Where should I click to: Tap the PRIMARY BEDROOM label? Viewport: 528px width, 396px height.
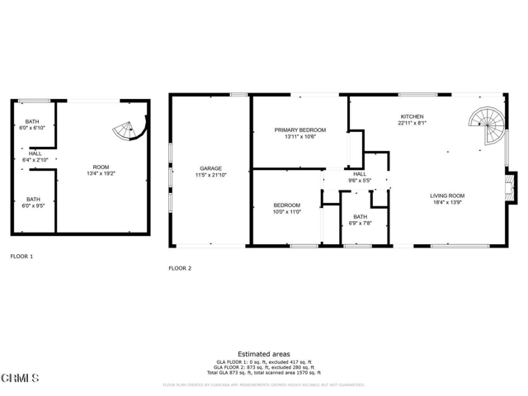click(x=300, y=130)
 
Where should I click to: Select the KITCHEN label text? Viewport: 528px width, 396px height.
click(x=412, y=117)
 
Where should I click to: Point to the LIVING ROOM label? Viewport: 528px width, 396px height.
click(x=447, y=196)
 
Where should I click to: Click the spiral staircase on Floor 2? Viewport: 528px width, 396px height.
click(x=487, y=131)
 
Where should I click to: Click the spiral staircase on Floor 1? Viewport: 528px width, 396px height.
click(x=129, y=130)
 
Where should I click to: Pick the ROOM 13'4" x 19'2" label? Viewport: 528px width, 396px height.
click(x=97, y=171)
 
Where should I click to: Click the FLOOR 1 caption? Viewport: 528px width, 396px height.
click(x=21, y=257)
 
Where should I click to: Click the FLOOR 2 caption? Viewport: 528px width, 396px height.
click(x=180, y=268)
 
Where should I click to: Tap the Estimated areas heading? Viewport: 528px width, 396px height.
click(x=263, y=353)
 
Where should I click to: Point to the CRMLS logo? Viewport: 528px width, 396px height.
click(x=21, y=379)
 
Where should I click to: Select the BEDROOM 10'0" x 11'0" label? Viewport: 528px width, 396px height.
click(x=286, y=208)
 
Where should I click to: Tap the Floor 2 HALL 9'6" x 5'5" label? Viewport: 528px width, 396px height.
click(x=360, y=177)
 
